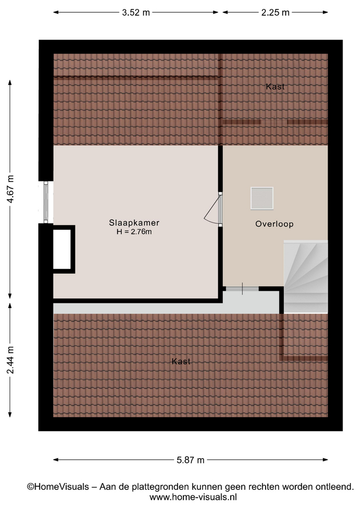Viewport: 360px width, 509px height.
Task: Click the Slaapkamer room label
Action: coord(134,223)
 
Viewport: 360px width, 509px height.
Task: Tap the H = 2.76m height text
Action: coord(134,232)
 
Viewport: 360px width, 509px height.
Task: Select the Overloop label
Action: coord(274,224)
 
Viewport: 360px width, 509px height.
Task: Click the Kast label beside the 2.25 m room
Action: coord(275,86)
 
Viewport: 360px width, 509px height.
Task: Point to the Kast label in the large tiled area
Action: coord(181,361)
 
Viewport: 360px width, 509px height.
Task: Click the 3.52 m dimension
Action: coord(136,12)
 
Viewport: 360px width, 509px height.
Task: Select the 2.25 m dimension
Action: coord(275,12)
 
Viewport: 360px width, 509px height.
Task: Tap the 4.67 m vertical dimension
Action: coord(10,189)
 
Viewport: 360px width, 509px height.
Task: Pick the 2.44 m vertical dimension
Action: coord(10,360)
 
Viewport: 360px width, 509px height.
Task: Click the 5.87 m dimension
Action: coord(190,460)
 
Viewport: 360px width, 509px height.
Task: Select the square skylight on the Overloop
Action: coord(261,198)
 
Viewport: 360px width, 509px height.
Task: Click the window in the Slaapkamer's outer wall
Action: coord(46,202)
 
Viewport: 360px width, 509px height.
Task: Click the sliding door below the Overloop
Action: coord(242,288)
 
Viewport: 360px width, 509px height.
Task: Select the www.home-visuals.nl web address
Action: coord(193,497)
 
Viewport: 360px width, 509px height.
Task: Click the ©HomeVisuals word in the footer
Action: coord(58,487)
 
